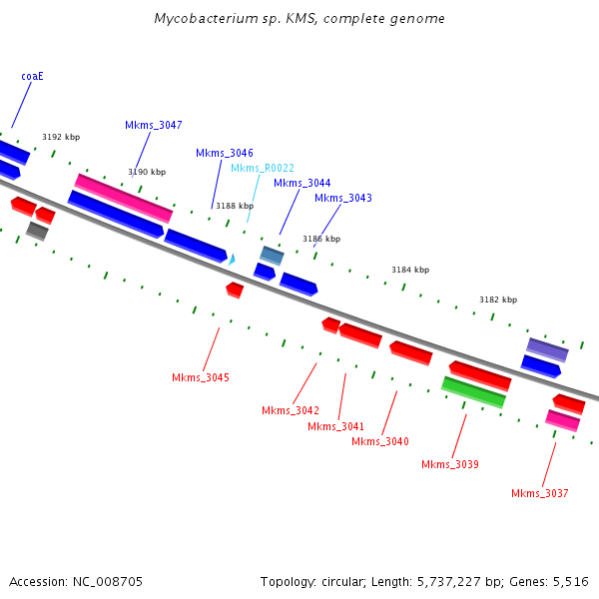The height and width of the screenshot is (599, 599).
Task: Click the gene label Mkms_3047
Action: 154,125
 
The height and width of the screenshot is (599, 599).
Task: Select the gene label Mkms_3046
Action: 225,153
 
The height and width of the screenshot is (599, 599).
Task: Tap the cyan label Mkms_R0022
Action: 263,168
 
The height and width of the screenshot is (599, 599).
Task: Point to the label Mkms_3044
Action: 301,183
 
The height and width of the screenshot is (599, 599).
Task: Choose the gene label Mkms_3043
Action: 343,198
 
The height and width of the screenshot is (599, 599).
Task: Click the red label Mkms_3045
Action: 201,377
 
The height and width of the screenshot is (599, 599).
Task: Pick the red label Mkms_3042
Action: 291,410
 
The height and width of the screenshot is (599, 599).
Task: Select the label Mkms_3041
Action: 335,426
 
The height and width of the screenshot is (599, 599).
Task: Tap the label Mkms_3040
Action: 380,441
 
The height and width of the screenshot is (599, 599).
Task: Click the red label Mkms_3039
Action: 450,464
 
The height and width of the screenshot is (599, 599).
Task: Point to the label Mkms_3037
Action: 540,493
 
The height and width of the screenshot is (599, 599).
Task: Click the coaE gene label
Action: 32,76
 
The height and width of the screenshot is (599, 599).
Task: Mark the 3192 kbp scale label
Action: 61,137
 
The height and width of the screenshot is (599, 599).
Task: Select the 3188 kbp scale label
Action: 235,206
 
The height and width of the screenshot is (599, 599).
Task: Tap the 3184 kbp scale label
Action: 410,270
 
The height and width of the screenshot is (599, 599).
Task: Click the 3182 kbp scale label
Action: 498,299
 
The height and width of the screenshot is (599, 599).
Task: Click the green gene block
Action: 474,392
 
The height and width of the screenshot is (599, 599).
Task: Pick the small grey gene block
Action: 37,232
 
